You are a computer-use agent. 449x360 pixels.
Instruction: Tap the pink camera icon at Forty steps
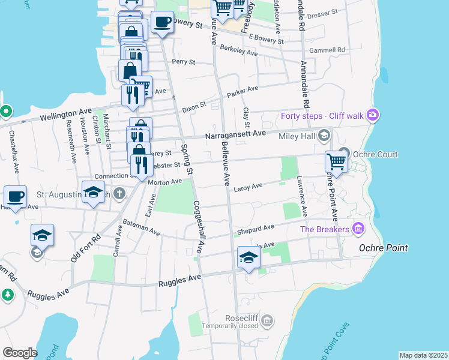point(373,115)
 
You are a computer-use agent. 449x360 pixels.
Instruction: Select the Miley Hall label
point(297,136)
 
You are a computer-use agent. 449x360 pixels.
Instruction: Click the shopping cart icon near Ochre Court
point(337,161)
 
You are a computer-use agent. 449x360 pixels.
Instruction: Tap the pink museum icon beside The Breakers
point(358,228)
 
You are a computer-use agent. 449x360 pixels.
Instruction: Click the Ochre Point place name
point(383,248)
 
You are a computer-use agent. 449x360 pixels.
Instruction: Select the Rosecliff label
point(241,318)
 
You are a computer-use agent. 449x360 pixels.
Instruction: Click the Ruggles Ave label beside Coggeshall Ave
point(179,280)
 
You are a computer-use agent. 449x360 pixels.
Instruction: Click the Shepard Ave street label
point(255,229)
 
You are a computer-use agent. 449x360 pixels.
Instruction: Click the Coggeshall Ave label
point(197,227)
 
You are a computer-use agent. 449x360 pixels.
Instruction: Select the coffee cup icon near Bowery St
point(162,23)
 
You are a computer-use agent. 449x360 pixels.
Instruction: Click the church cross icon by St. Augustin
point(119,193)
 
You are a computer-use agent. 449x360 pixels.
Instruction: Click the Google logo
point(20,352)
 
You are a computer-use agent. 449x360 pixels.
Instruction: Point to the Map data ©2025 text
point(423,355)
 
